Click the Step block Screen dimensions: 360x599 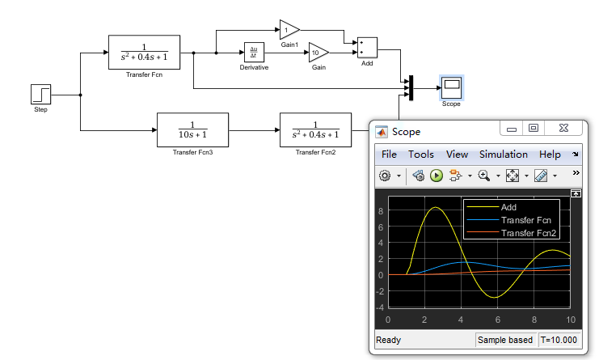coord(41,94)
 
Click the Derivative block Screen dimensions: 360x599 coord(254,53)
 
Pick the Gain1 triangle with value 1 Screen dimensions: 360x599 coord(288,30)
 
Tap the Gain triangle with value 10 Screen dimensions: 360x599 coord(318,53)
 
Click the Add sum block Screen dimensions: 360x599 coord(367,48)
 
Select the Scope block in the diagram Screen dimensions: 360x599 coord(451,87)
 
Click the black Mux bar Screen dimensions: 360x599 coord(411,87)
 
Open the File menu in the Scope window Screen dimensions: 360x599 coord(389,155)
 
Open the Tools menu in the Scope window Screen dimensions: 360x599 coord(420,155)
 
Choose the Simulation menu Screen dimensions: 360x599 coord(503,155)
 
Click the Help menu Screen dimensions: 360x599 coord(550,155)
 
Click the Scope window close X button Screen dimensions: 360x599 coord(563,128)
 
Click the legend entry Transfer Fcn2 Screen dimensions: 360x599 coord(529,233)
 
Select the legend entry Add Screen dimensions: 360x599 coord(508,208)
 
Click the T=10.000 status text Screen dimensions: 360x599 coord(559,340)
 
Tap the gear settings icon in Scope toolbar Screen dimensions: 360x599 coord(385,175)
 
